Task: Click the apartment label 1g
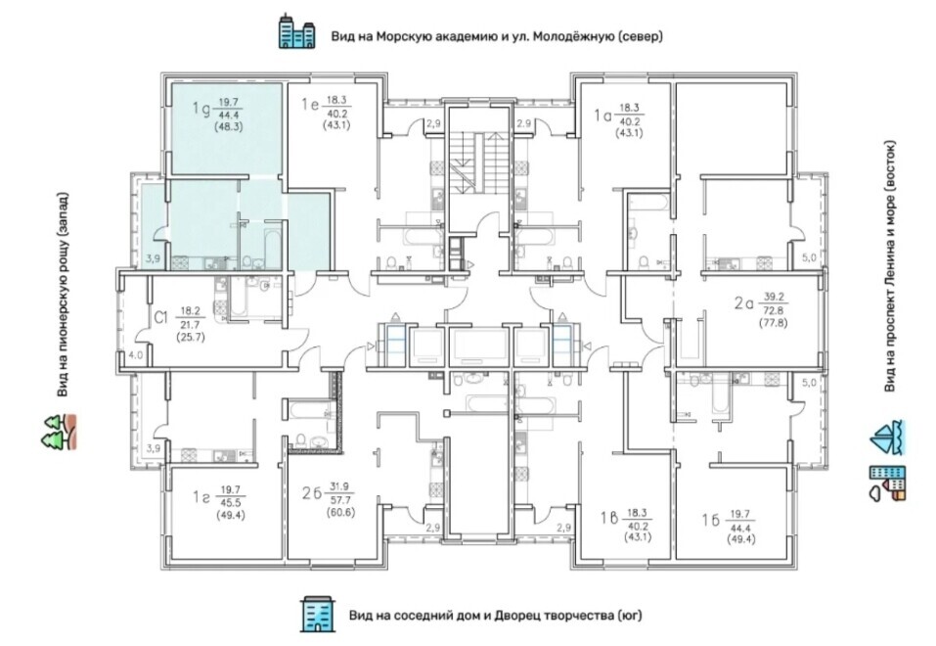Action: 200,109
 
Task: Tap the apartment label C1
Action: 161,318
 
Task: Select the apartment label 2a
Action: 744,303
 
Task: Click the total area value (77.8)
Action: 774,323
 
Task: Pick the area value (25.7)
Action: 191,337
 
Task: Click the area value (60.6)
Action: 341,512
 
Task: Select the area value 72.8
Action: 774,310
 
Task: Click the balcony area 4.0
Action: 136,355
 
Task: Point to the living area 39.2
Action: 774,297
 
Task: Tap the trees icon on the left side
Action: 59,432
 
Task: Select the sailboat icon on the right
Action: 887,438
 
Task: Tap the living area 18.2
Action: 191,310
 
